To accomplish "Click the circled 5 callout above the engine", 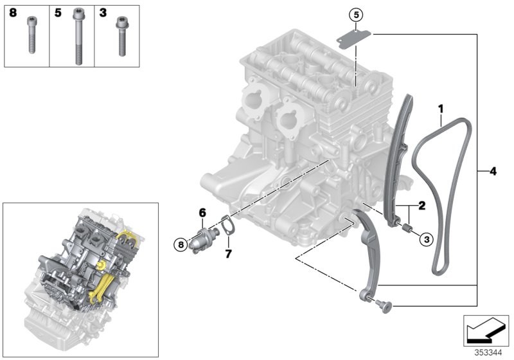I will [356, 14].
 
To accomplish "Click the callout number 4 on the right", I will [492, 172].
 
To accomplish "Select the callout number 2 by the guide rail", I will [421, 206].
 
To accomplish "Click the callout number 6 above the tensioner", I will [201, 212].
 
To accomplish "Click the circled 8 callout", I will [181, 244].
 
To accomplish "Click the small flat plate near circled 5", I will [351, 38].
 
